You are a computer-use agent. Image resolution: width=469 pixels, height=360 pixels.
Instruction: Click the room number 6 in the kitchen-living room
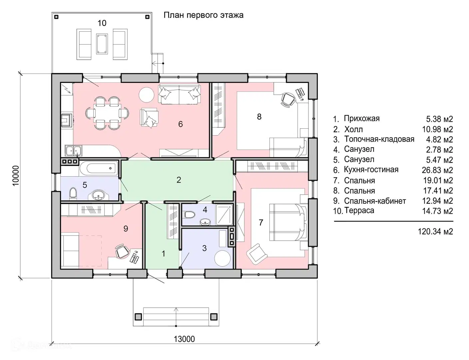(x=181, y=124)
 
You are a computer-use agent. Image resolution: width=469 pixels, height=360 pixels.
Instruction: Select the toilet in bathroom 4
(x=190, y=215)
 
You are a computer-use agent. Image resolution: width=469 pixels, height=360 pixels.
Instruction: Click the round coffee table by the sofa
(x=146, y=95)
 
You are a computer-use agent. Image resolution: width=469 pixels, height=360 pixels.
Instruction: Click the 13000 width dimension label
(x=184, y=339)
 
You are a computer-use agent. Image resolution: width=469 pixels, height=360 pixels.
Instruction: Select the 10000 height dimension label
(x=16, y=176)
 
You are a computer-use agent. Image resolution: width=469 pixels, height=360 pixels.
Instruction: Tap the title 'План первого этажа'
(x=203, y=15)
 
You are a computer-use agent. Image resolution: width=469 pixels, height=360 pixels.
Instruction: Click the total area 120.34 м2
(x=435, y=232)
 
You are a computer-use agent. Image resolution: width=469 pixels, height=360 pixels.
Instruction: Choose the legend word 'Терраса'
(x=359, y=210)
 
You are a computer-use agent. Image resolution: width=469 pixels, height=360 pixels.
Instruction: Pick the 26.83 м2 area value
(x=437, y=170)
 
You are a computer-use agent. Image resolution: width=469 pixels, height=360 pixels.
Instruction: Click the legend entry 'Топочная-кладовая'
(x=379, y=139)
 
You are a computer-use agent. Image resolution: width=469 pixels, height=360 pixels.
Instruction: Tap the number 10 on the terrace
(x=102, y=23)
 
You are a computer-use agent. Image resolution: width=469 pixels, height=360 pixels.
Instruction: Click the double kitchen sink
(x=73, y=151)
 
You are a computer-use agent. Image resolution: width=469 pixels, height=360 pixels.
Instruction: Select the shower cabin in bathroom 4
(x=225, y=215)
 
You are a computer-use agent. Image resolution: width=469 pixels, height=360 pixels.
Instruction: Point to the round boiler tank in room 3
(x=222, y=259)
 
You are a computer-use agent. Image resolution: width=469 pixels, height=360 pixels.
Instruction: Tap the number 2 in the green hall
(x=179, y=180)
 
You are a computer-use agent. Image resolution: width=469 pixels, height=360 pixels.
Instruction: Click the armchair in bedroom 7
(x=257, y=254)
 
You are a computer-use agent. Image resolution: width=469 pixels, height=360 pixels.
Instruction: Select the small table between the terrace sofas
(x=102, y=44)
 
